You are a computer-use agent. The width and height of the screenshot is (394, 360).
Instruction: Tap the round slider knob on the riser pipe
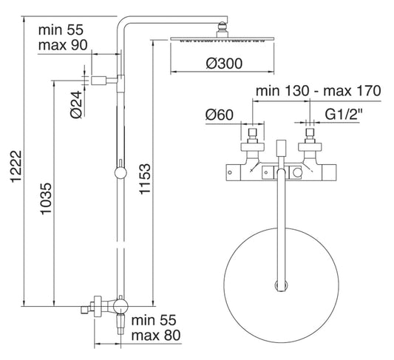(x=118, y=174)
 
